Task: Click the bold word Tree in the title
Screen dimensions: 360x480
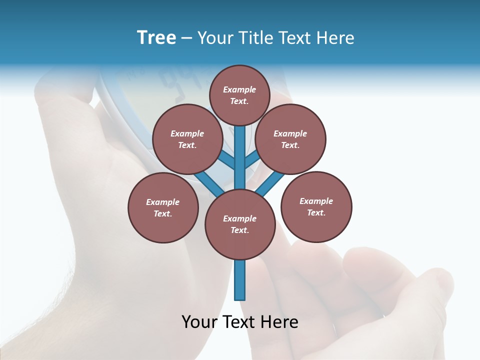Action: [156, 37]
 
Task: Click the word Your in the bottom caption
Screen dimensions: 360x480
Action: [199, 322]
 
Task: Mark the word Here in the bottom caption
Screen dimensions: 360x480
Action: [279, 322]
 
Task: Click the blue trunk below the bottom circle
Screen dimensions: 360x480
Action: [240, 280]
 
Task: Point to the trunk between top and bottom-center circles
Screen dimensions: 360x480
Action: [240, 160]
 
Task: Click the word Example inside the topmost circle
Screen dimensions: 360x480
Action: [239, 89]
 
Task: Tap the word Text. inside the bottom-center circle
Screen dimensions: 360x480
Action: [239, 230]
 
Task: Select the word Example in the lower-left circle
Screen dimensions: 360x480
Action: [162, 202]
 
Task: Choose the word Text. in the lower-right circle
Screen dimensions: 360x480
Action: [316, 212]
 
